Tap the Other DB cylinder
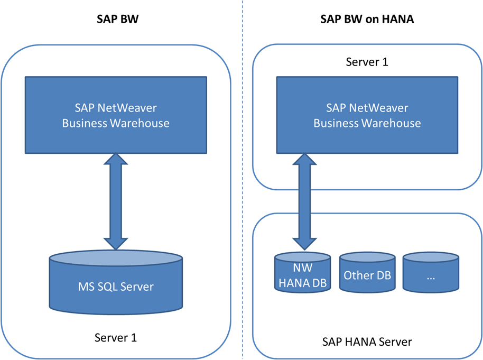tap(367, 275)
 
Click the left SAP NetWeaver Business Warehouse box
tap(116, 115)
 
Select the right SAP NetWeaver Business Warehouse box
tap(367, 115)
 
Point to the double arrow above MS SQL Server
tap(116, 201)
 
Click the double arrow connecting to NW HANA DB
tap(303, 201)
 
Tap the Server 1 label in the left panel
tap(115, 337)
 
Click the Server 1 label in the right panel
tap(367, 62)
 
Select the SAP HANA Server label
tap(367, 341)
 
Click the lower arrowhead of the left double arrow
tap(116, 241)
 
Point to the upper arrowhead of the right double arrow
tap(303, 161)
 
